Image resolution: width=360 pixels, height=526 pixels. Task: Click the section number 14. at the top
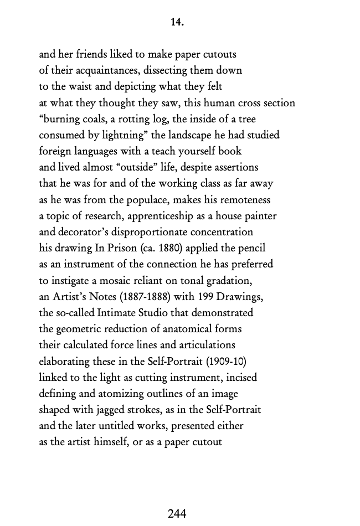pos(177,23)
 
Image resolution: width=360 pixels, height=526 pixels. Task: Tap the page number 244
pos(177,514)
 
